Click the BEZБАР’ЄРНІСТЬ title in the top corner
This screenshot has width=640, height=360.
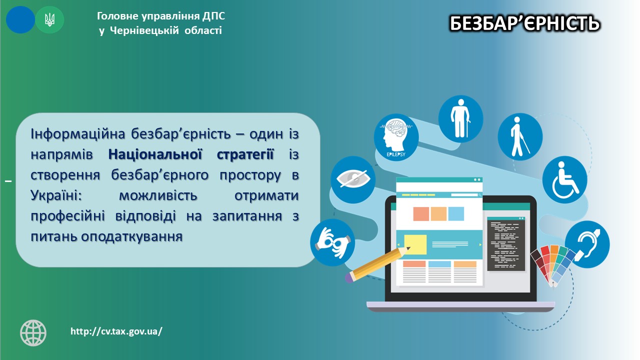pyautogui.click(x=524, y=23)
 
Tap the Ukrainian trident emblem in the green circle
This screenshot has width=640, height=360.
pyautogui.click(x=49, y=20)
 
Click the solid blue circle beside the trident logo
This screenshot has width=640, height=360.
pyautogui.click(x=20, y=19)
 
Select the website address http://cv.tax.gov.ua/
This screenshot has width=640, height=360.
pyautogui.click(x=116, y=331)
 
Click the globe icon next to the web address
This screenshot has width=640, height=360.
pyautogui.click(x=33, y=333)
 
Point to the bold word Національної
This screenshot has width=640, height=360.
pyautogui.click(x=155, y=154)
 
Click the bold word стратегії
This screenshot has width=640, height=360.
pyautogui.click(x=245, y=155)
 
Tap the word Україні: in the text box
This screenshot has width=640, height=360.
pyautogui.click(x=56, y=195)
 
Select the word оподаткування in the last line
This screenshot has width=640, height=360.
pyautogui.click(x=131, y=237)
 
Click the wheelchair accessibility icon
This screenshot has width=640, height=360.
pyautogui.click(x=564, y=179)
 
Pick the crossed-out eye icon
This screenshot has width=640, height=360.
pyautogui.click(x=353, y=179)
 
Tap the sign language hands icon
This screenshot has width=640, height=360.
pyautogui.click(x=332, y=242)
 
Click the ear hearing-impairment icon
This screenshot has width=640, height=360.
pyautogui.click(x=587, y=244)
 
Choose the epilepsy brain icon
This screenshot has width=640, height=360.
pyautogui.click(x=396, y=137)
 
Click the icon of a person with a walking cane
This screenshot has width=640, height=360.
pyautogui.click(x=460, y=118)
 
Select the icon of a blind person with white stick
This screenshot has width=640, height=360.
pyautogui.click(x=520, y=136)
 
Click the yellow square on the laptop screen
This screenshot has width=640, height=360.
pyautogui.click(x=415, y=244)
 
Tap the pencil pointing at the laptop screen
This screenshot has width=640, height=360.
pyautogui.click(x=377, y=264)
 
